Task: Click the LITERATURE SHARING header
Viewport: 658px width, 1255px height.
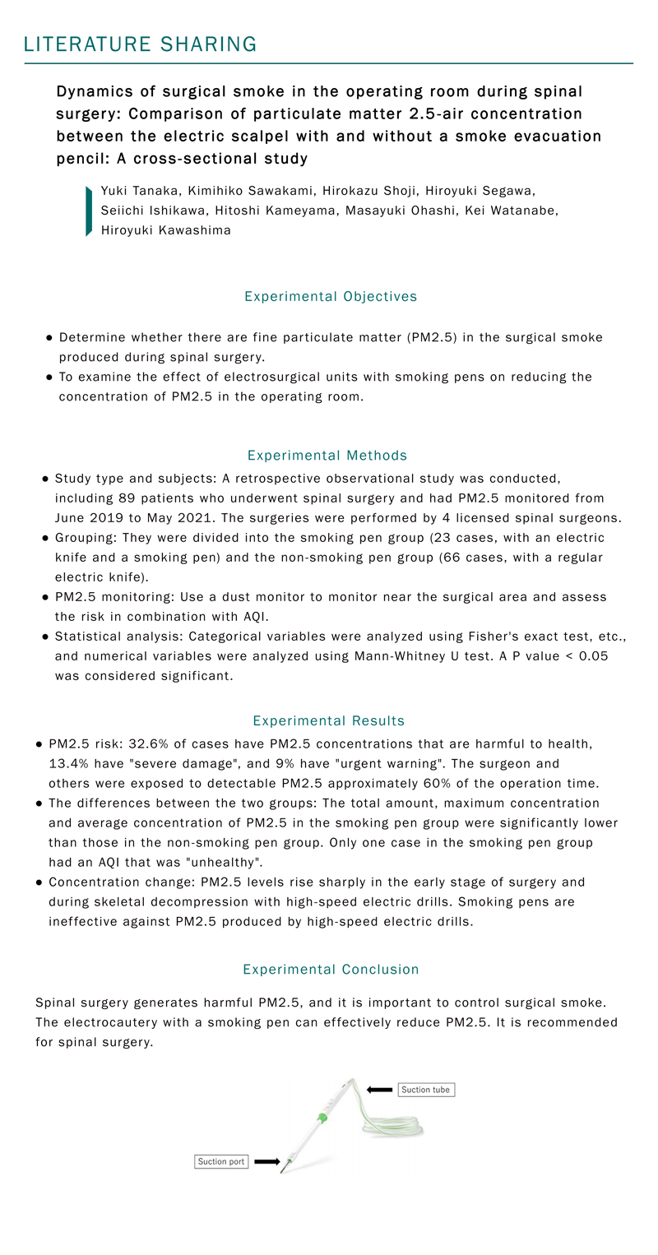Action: (x=141, y=44)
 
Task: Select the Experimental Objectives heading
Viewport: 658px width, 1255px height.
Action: (x=331, y=296)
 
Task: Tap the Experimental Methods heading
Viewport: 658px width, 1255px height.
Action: (x=327, y=455)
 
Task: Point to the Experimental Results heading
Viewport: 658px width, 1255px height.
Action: (x=329, y=720)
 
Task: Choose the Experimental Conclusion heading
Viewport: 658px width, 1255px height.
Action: (x=331, y=970)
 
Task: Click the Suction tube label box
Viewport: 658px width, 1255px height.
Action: (x=426, y=1090)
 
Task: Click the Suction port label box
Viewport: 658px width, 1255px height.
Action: (x=221, y=1162)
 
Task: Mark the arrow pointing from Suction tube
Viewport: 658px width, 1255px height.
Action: (x=379, y=1090)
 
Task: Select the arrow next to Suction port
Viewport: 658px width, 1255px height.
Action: (x=267, y=1162)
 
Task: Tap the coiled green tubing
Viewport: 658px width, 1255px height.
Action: (x=395, y=1127)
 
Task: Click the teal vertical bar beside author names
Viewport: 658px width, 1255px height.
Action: (x=89, y=211)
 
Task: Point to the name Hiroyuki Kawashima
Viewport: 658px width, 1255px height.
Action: (x=166, y=230)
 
